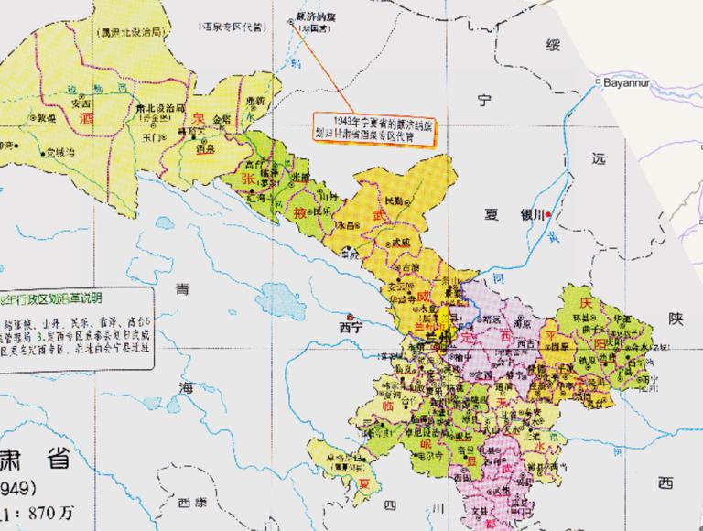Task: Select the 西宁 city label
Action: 350,326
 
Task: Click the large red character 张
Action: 247,179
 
